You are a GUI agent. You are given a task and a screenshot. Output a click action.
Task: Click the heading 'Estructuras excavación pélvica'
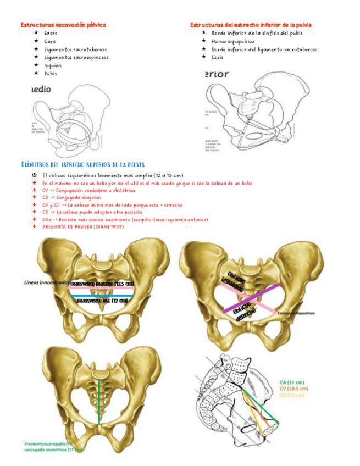pyautogui.click(x=63, y=25)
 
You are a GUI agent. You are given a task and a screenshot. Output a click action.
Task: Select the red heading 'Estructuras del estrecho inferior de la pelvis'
pyautogui.click(x=251, y=25)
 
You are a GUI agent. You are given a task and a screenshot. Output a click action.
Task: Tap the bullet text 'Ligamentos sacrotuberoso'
pyautogui.click(x=75, y=49)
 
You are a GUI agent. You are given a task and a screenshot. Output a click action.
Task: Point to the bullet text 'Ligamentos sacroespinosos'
pyautogui.click(x=76, y=57)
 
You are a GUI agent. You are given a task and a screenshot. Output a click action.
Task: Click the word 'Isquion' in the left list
pyautogui.click(x=53, y=65)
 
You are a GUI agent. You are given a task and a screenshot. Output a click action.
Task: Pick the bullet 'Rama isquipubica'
pyautogui.click(x=232, y=41)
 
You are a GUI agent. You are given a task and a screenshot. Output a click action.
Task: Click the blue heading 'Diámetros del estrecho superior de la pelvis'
pyautogui.click(x=82, y=164)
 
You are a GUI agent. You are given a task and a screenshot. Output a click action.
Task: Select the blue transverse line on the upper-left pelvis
pyautogui.click(x=104, y=296)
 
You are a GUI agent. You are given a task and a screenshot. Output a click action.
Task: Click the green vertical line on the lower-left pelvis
pyautogui.click(x=99, y=401)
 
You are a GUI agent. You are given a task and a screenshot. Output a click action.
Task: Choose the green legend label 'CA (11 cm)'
pyautogui.click(x=292, y=381)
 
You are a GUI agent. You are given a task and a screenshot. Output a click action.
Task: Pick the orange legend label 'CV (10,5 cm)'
pyautogui.click(x=293, y=388)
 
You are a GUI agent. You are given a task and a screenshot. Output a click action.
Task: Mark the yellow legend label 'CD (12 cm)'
pyautogui.click(x=291, y=395)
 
